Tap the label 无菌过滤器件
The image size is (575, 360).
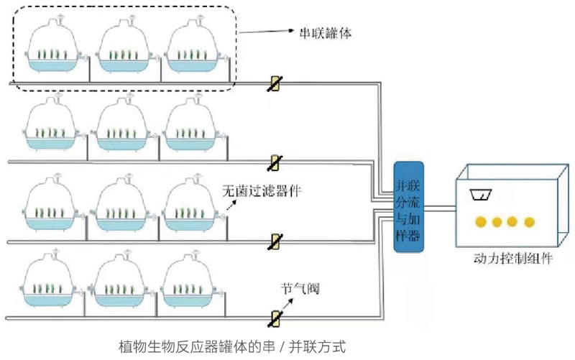260,190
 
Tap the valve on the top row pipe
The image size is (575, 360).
273,84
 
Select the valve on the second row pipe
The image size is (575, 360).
273,162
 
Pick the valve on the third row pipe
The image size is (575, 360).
273,241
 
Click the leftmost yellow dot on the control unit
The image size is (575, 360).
476,221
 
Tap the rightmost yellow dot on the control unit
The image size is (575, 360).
530,221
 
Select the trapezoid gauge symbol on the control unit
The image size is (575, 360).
479,194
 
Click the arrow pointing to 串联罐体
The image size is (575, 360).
266,32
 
